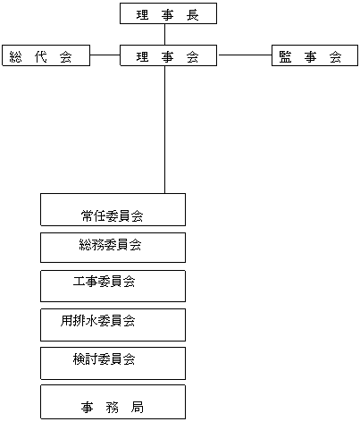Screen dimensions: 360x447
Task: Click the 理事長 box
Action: (x=168, y=13)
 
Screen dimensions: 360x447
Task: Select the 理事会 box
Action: (x=168, y=55)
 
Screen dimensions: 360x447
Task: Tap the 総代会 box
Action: (x=46, y=55)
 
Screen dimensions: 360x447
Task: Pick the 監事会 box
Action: (x=314, y=55)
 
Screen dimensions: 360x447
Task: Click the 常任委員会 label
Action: (x=112, y=216)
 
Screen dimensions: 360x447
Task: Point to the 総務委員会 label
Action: (x=110, y=245)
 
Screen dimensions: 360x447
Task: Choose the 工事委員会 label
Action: (x=104, y=282)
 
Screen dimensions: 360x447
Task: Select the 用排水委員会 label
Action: (x=97, y=321)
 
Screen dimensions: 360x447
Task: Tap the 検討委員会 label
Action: (x=104, y=358)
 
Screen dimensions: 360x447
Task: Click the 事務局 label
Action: (x=112, y=408)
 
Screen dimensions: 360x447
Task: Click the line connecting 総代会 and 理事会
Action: (x=105, y=55)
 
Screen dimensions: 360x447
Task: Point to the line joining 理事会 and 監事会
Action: (x=246, y=55)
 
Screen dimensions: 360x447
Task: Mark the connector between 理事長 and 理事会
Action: (x=164, y=34)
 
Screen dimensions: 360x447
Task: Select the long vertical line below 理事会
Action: (x=164, y=130)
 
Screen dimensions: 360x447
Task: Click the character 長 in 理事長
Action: (x=193, y=15)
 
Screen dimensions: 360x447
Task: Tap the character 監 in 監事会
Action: (x=285, y=57)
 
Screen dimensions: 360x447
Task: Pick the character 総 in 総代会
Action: (x=15, y=57)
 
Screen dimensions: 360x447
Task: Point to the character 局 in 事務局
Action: (x=138, y=408)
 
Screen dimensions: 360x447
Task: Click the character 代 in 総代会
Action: (x=40, y=57)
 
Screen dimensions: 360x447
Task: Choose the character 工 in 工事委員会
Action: (x=79, y=282)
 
